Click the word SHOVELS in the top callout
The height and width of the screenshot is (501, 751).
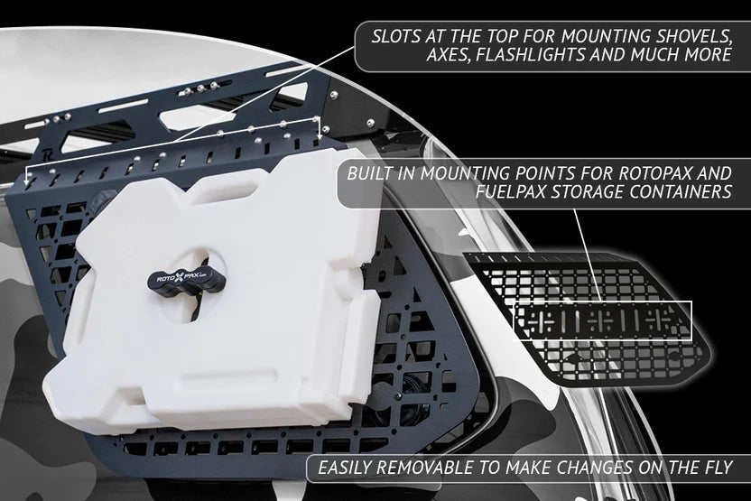click(x=691, y=38)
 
